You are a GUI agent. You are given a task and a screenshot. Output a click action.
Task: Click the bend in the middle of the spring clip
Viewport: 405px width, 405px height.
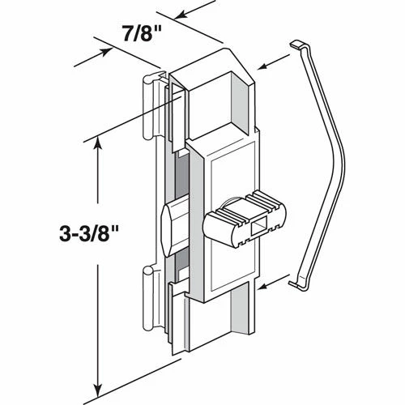[x=346, y=154]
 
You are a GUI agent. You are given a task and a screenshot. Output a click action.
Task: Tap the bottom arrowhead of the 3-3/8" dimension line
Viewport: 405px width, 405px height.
[x=99, y=387]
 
